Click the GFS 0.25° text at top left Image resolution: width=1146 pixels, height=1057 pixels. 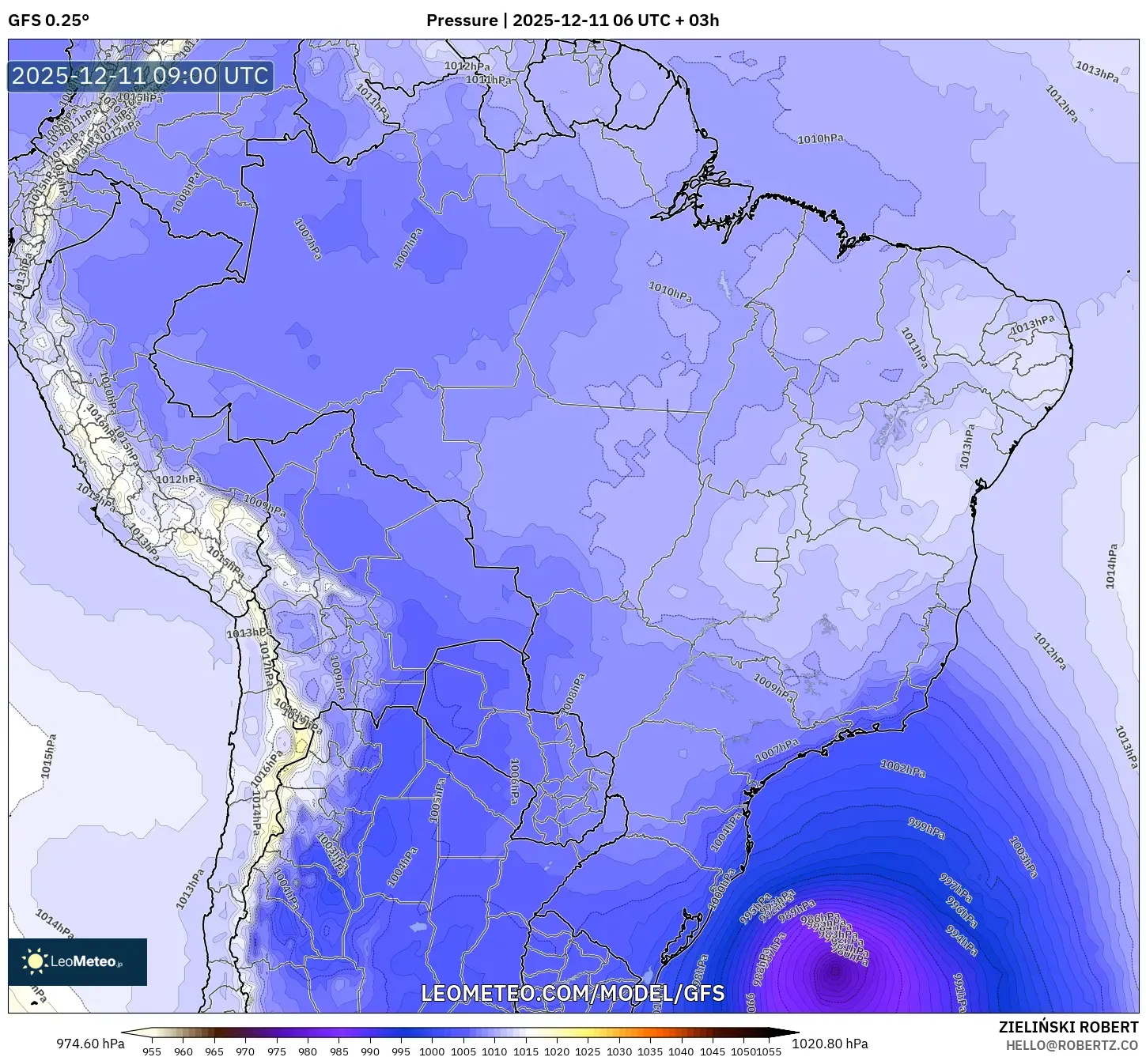tap(48, 21)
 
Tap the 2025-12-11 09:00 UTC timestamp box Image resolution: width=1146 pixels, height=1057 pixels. tap(141, 77)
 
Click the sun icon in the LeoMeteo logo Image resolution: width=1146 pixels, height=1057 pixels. tap(36, 961)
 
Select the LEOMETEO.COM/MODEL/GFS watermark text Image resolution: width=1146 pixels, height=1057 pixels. tap(573, 994)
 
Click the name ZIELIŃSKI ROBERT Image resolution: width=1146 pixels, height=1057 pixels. tap(1068, 1028)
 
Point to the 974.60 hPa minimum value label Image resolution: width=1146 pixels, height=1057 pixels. tap(90, 1044)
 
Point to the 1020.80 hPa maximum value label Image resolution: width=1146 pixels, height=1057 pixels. tap(834, 1044)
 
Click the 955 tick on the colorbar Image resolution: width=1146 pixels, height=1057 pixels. tap(152, 1051)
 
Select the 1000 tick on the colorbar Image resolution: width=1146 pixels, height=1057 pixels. tap(432, 1051)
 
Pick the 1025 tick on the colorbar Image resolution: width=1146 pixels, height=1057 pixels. tap(588, 1051)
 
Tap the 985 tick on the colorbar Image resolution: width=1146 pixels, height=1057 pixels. tap(339, 1051)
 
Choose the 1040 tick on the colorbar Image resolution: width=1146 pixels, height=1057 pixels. tap(681, 1051)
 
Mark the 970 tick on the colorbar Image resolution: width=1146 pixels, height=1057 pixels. tap(245, 1051)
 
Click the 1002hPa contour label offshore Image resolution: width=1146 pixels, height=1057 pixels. tap(903, 768)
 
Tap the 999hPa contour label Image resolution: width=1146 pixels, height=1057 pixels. tap(926, 828)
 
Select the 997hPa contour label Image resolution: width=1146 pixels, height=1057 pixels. tap(955, 889)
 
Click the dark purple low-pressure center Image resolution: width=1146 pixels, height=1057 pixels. tap(834, 972)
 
